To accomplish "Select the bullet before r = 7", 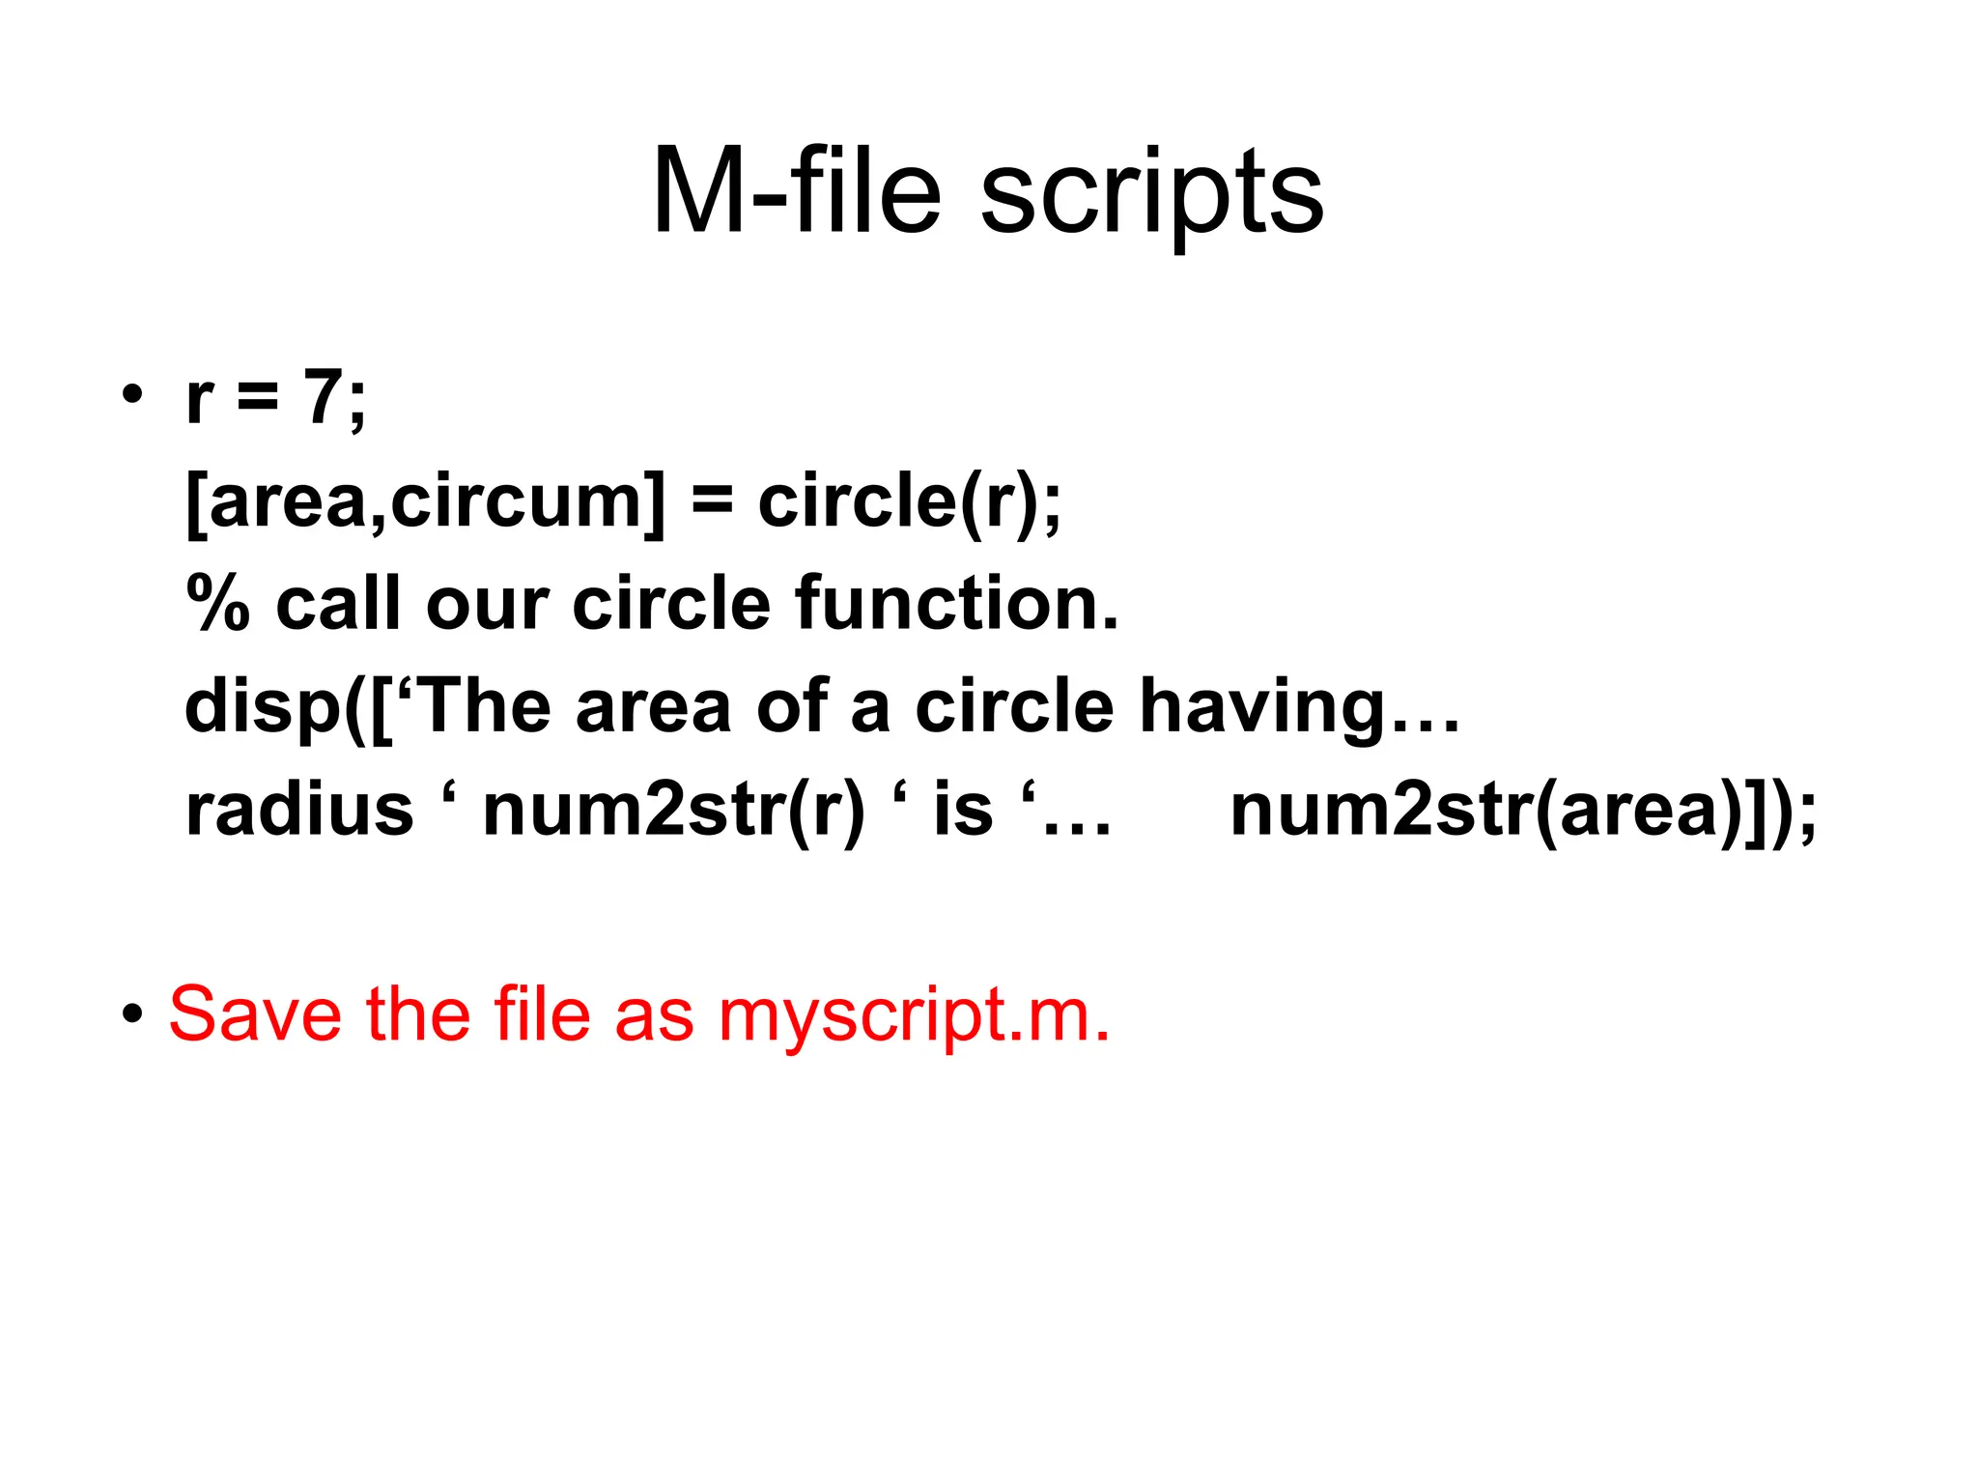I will (x=132, y=395).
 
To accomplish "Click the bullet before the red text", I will (x=132, y=1015).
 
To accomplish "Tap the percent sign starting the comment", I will (x=217, y=603).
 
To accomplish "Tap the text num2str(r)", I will (x=673, y=810).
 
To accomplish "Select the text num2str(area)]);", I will (x=1523, y=810).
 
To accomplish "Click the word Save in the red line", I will (x=255, y=1014).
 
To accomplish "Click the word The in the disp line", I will (x=485, y=706).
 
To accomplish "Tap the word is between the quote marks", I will (x=963, y=810).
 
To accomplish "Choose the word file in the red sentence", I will (x=542, y=1014).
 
